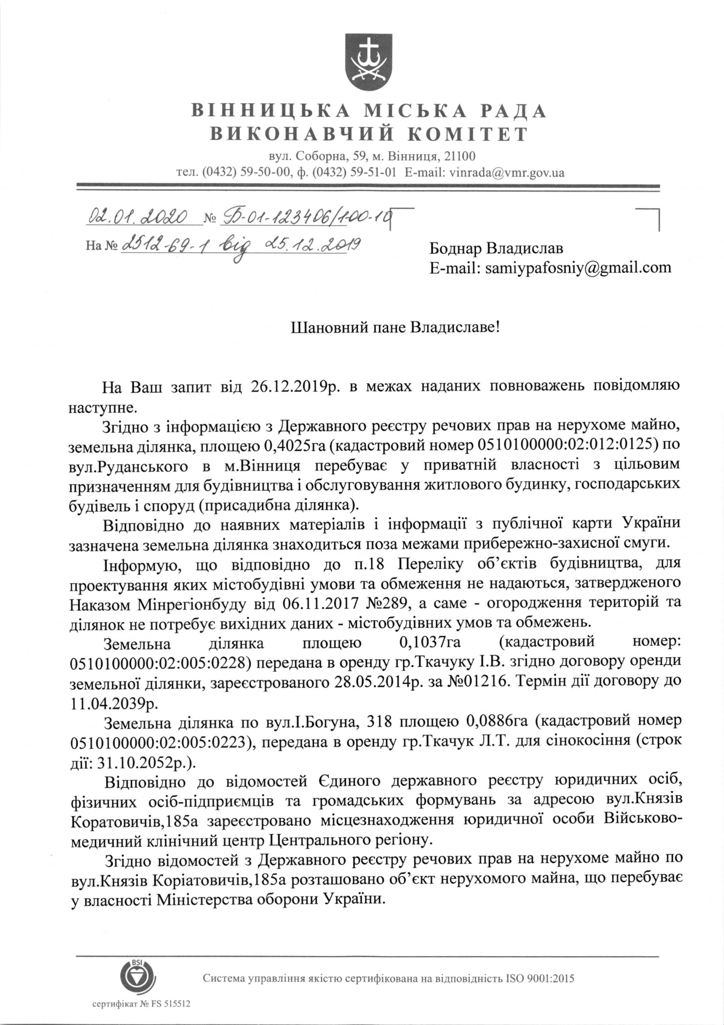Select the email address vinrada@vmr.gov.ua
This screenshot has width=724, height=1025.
coord(506,173)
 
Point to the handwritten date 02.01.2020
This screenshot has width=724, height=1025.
coord(138,217)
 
